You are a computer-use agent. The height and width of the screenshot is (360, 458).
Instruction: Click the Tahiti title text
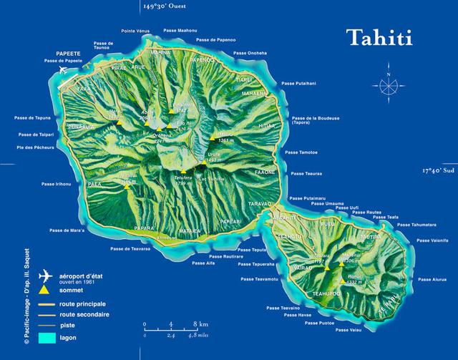pyautogui.click(x=379, y=38)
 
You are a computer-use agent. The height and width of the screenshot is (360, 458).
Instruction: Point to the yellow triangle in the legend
pyautogui.click(x=46, y=291)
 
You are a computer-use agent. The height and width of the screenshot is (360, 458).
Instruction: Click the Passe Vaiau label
pyautogui.click(x=349, y=330)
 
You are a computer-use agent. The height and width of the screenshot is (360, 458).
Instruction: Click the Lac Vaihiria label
pyautogui.click(x=211, y=179)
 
